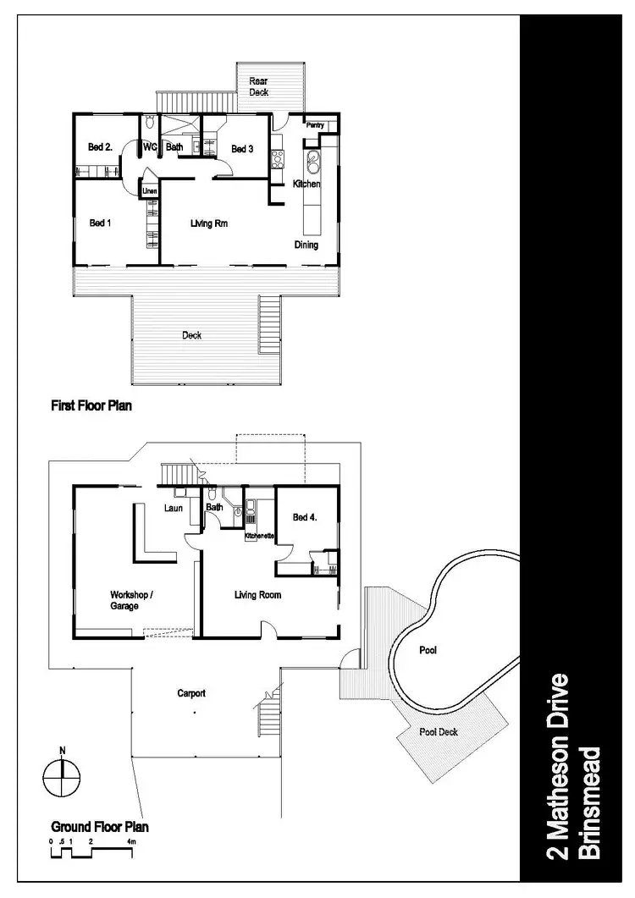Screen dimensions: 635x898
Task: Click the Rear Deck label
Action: coord(258,86)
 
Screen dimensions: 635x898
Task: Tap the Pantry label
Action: coord(315,125)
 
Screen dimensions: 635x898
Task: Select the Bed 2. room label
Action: coord(100,147)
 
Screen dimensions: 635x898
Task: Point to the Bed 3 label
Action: coord(242,149)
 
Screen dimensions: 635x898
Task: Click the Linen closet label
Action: coord(148,190)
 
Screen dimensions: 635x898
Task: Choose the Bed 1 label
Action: coord(100,223)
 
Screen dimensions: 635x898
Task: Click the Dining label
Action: coord(306,245)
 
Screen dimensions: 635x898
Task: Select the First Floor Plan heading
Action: coord(91,406)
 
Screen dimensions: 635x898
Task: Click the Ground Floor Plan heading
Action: coord(100,826)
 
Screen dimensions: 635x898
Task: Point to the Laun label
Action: coord(174,510)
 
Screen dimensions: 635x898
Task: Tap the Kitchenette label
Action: coord(258,537)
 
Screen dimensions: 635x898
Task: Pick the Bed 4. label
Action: coord(304,517)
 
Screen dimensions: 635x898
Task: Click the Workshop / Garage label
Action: coord(130,600)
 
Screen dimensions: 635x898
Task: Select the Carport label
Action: coord(191,693)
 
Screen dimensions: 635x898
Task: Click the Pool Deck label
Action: coord(438,731)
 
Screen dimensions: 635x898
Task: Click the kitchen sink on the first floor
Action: coord(313,160)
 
